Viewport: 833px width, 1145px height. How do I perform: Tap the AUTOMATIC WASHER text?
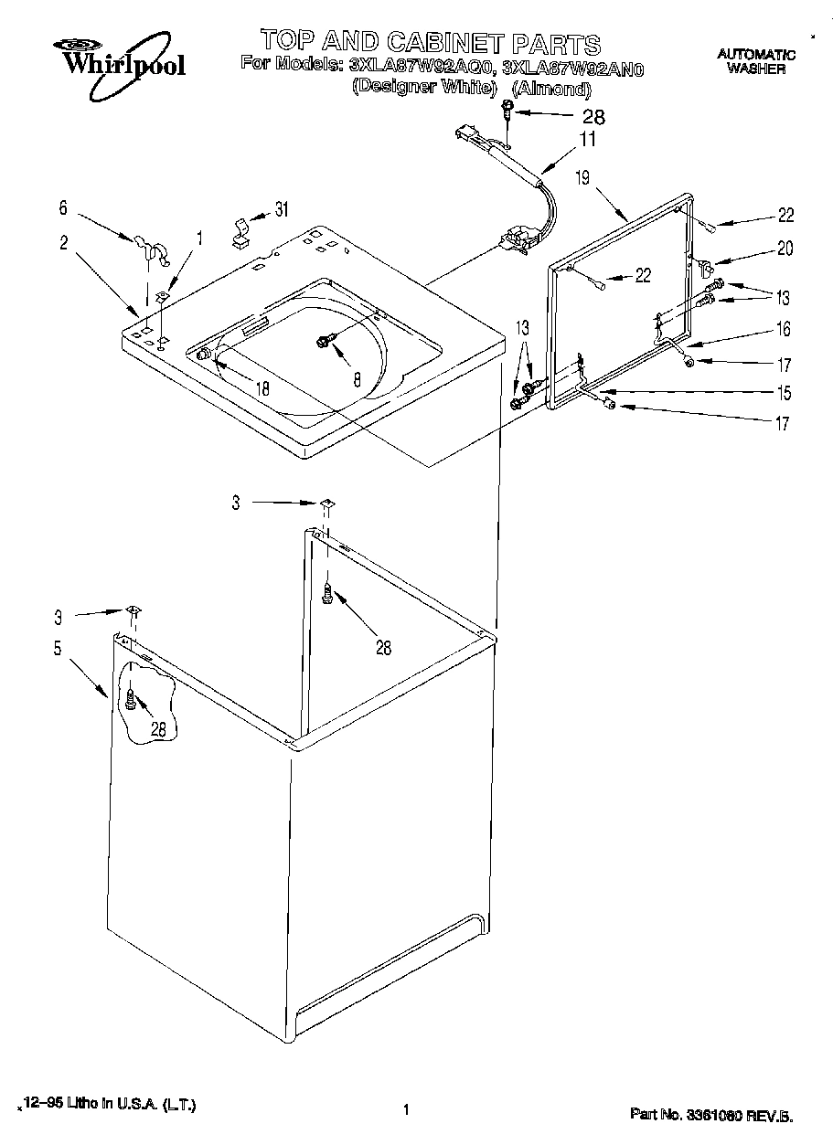pyautogui.click(x=755, y=61)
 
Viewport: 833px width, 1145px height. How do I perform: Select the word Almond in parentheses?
pyautogui.click(x=551, y=89)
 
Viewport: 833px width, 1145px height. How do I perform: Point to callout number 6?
pyautogui.click(x=63, y=208)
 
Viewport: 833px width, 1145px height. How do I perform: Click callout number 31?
pyautogui.click(x=280, y=209)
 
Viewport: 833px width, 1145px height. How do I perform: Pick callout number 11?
pyautogui.click(x=586, y=139)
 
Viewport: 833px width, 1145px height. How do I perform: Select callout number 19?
pyautogui.click(x=582, y=179)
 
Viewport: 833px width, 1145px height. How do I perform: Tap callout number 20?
pyautogui.click(x=785, y=249)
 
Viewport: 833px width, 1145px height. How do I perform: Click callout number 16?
pyautogui.click(x=783, y=329)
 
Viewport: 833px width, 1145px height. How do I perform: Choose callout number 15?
pyautogui.click(x=783, y=394)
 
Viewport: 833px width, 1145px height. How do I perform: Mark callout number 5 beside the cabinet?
pyautogui.click(x=57, y=650)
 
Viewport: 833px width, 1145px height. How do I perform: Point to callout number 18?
pyautogui.click(x=262, y=387)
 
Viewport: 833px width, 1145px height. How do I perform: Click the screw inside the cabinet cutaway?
pyautogui.click(x=131, y=701)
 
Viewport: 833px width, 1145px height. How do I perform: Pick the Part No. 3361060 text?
pyautogui.click(x=710, y=1114)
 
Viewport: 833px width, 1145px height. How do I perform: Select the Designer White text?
pyautogui.click(x=424, y=89)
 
